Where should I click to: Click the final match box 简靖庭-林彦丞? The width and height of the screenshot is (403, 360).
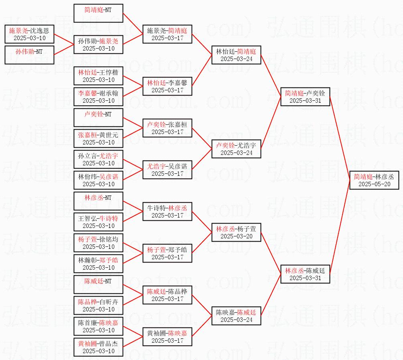[374, 180]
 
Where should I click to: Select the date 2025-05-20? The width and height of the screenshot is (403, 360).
[374, 184]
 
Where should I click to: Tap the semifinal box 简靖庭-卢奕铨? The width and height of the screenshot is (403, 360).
[305, 96]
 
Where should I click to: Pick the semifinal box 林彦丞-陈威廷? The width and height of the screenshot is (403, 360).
[305, 274]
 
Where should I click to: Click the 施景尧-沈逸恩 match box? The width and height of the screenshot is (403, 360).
[29, 34]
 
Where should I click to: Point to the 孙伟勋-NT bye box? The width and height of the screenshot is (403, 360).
[29, 55]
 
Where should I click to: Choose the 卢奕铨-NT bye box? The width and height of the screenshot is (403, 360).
[98, 117]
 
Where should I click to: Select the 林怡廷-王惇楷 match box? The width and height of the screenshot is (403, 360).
[98, 76]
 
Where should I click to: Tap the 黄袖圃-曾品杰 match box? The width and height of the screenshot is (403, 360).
[98, 347]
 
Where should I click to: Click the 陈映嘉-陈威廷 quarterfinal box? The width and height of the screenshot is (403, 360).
[236, 316]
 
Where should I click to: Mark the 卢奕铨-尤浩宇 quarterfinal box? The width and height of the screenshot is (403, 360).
[236, 149]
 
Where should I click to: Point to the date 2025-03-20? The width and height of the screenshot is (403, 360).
[237, 236]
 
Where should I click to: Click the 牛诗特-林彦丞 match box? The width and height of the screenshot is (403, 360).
[167, 211]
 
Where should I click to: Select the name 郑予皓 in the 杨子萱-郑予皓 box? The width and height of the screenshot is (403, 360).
[178, 250]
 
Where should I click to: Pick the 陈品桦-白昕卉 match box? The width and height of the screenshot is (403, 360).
[98, 305]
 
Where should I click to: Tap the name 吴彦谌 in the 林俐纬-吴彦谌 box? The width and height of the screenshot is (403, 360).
[109, 177]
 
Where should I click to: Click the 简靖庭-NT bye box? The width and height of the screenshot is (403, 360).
[98, 13]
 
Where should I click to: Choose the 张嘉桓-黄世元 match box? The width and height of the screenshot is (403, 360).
[98, 138]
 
